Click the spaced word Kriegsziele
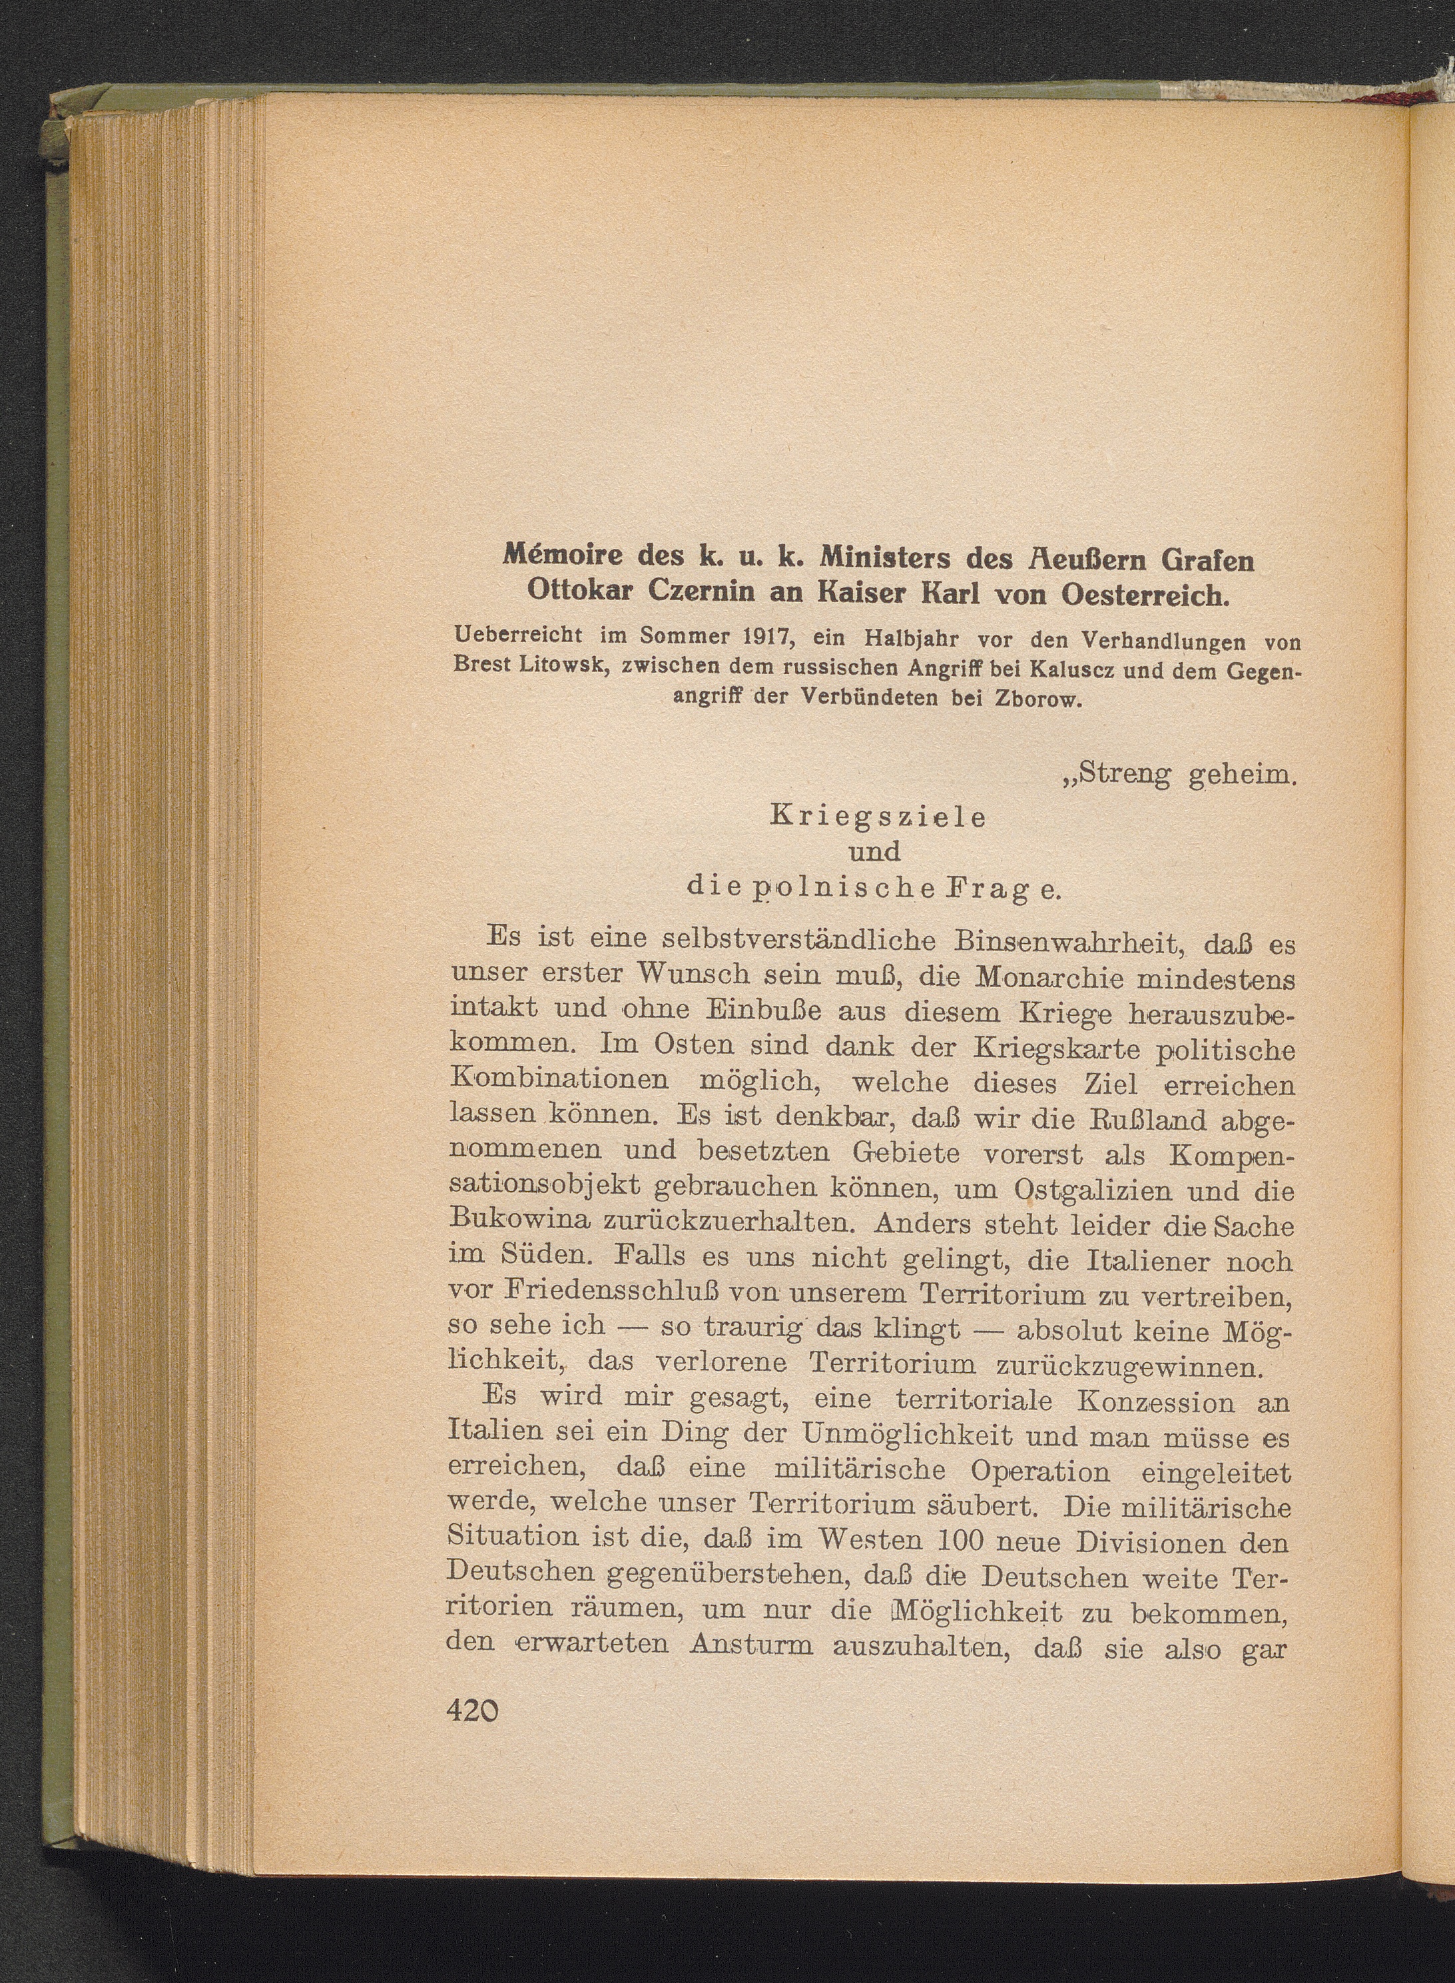tap(878, 817)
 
